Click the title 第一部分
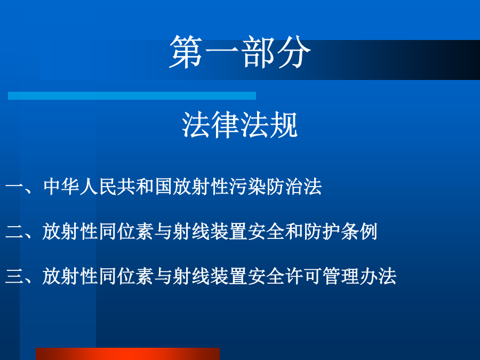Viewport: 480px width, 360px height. [240, 51]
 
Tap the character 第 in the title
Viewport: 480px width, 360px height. [186, 51]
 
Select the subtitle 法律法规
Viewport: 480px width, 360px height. [239, 125]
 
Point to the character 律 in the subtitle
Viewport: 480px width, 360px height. [225, 125]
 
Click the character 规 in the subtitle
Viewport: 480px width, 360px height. [284, 125]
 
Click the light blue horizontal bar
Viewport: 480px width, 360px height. [132, 95]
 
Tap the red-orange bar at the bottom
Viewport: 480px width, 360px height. [127, 354]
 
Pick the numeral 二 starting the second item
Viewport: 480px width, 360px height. [14, 232]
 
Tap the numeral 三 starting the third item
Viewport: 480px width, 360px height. [14, 276]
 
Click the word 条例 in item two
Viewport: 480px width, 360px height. [359, 231]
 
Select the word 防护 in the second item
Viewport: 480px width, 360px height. [322, 231]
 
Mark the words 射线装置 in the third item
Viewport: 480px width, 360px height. [210, 276]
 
